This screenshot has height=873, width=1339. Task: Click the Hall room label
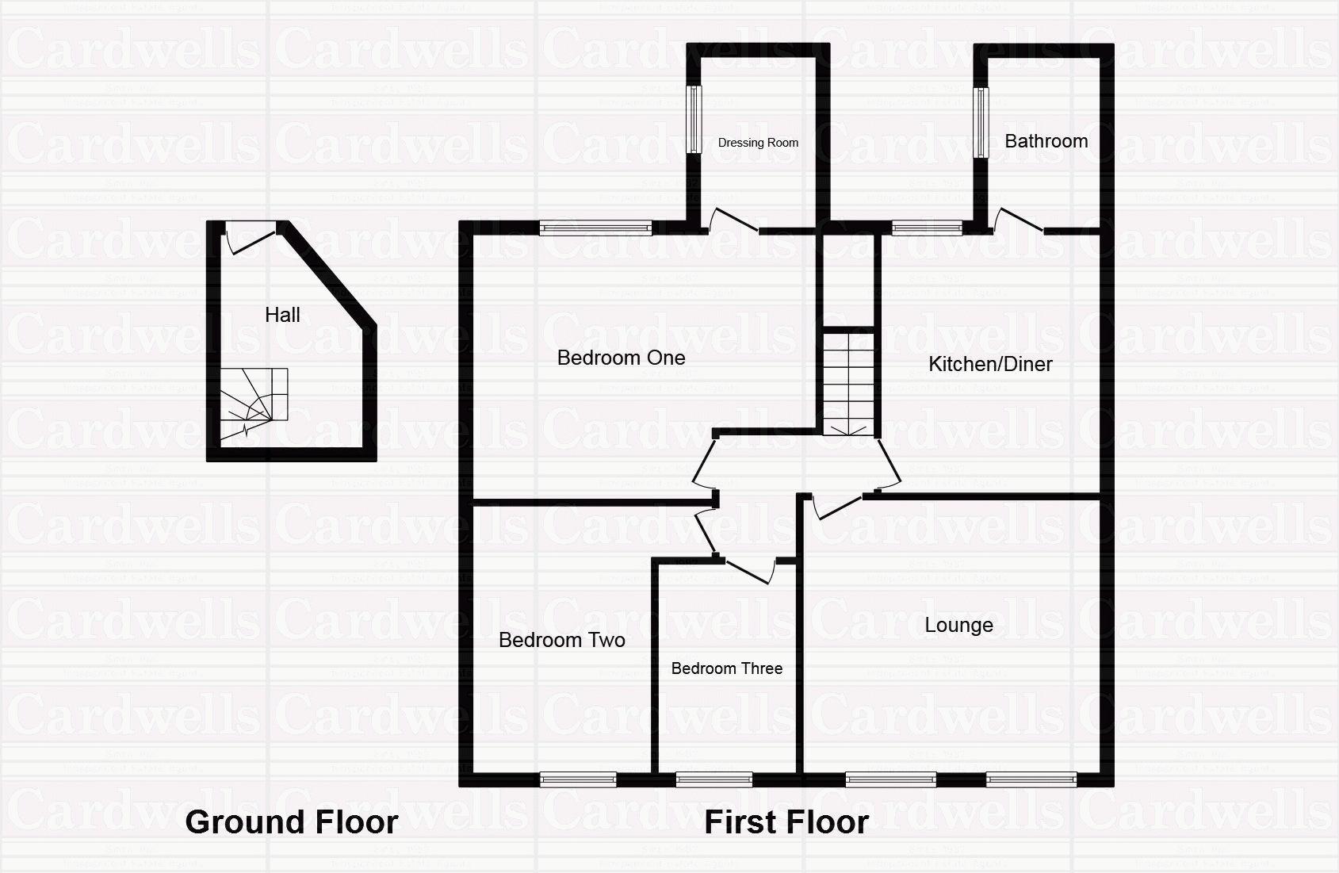(x=282, y=316)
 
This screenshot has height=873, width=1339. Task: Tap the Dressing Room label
(x=758, y=143)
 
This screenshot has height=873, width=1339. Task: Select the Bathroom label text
(x=1046, y=141)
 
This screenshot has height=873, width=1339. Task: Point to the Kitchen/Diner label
(x=990, y=365)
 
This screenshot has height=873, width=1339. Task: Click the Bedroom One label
(x=621, y=358)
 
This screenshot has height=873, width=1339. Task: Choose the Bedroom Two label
(x=561, y=640)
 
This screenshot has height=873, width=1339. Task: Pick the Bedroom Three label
(x=726, y=668)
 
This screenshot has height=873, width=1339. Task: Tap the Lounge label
(x=958, y=625)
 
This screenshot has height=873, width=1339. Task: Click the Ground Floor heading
(x=291, y=822)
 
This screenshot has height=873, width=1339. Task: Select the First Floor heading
(x=786, y=822)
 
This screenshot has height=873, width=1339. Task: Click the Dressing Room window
(x=694, y=120)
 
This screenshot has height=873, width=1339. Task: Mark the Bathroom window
(x=981, y=122)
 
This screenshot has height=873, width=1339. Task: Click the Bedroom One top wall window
(x=595, y=228)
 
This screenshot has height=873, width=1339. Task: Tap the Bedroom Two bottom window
(x=578, y=779)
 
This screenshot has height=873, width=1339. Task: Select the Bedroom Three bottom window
(x=714, y=779)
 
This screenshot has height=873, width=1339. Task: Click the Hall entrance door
(x=251, y=236)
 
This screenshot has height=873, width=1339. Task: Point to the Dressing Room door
(x=733, y=220)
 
